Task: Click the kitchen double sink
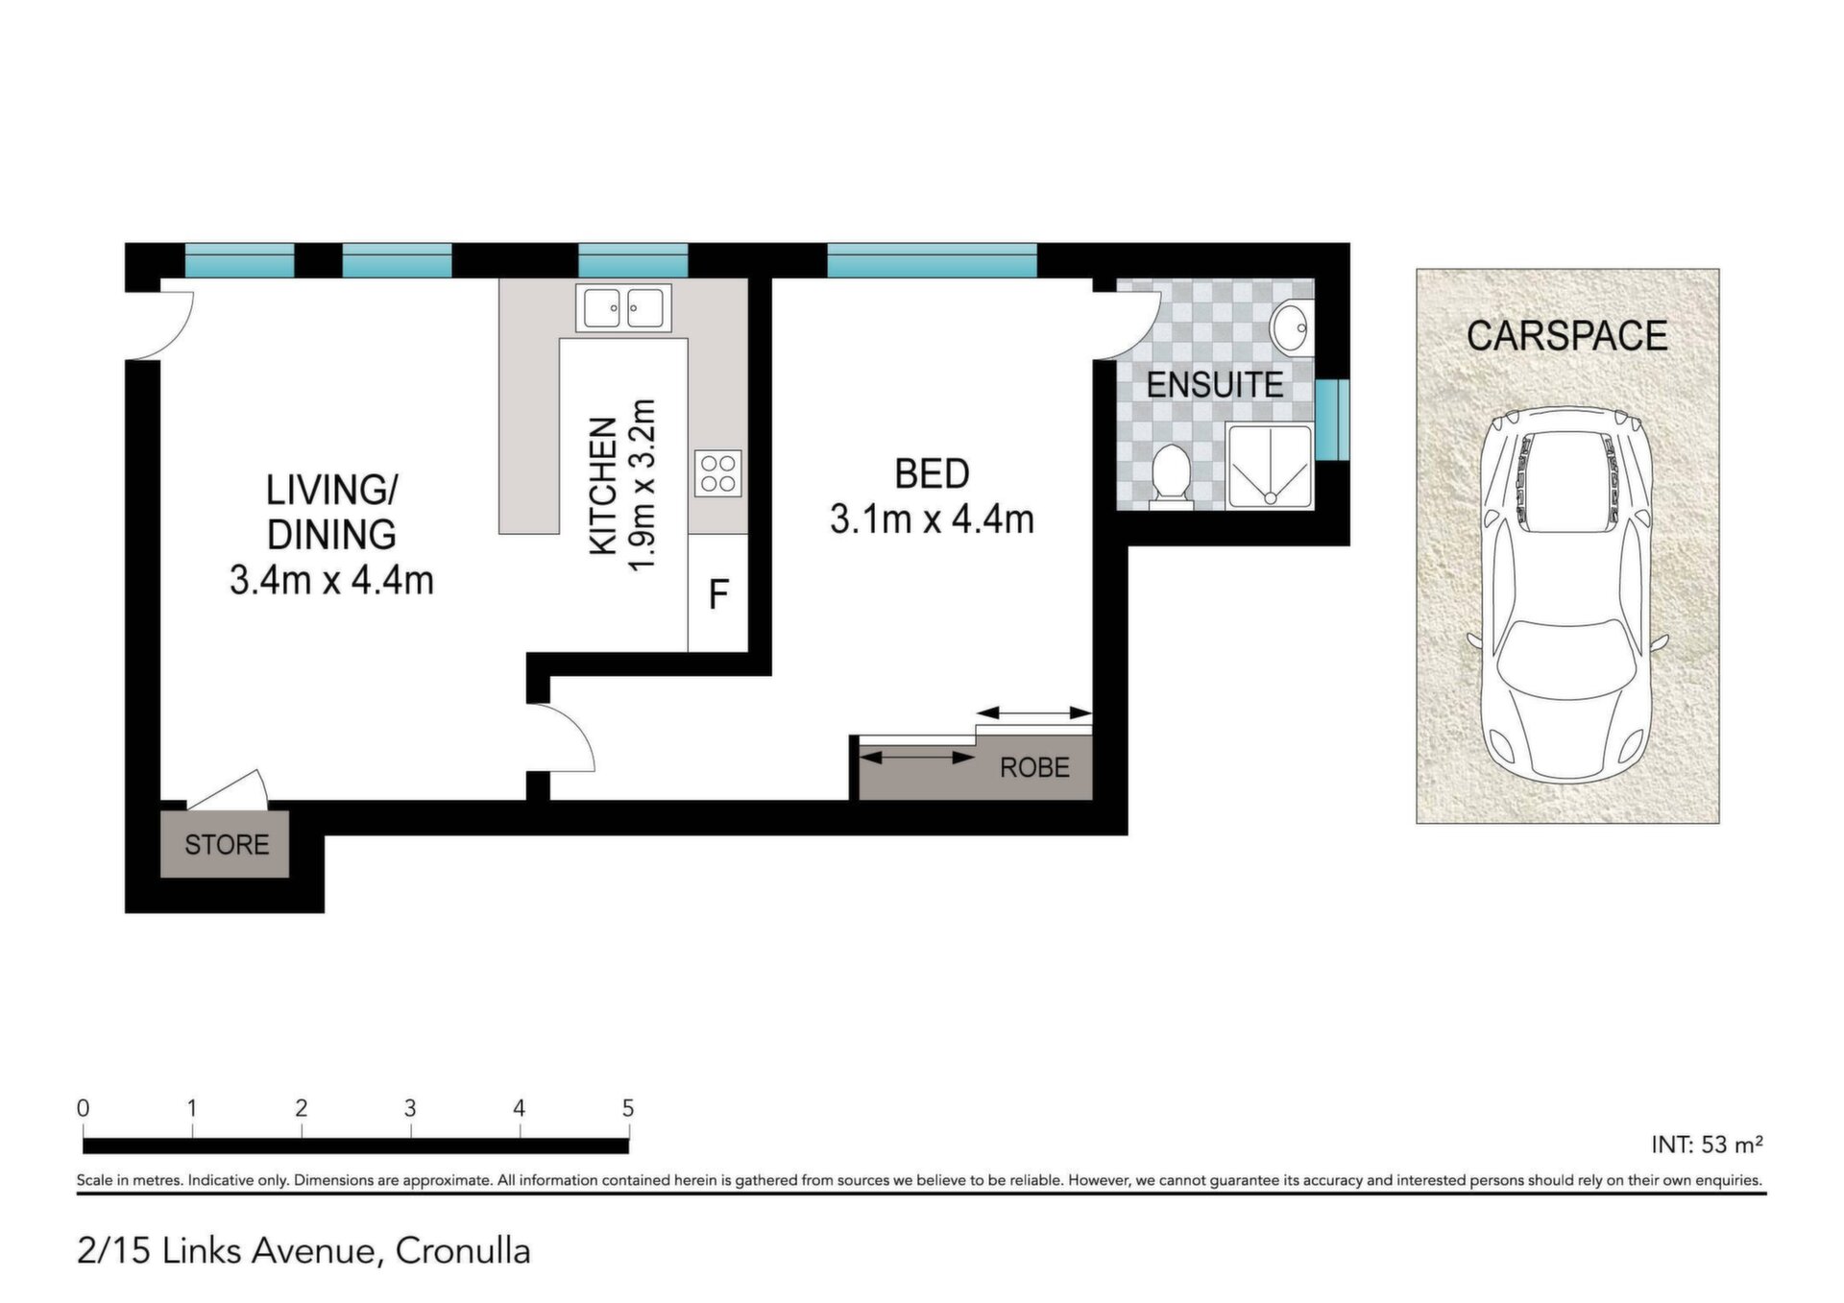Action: coord(623,308)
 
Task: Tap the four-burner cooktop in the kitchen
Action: coord(718,473)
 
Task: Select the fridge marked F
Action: coord(718,593)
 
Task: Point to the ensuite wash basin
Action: coord(1290,329)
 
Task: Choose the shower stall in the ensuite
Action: coord(1269,466)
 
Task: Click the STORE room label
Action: coord(227,845)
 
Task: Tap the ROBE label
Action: coord(1034,768)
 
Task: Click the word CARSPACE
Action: coord(1566,336)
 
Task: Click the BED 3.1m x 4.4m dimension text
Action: coord(932,496)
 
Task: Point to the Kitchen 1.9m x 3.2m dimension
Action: coord(621,485)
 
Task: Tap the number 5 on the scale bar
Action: coord(628,1108)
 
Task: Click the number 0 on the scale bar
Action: coord(84,1108)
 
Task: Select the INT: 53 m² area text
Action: coord(1707,1145)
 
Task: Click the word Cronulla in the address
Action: coord(463,1251)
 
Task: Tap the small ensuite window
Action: coord(1332,420)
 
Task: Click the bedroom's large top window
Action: coord(932,260)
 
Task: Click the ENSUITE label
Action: coord(1215,385)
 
